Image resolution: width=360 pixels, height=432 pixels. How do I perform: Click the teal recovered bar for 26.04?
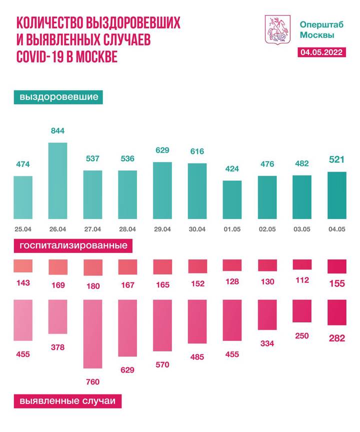click(x=57, y=181)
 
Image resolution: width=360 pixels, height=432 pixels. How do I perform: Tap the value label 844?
click(x=57, y=131)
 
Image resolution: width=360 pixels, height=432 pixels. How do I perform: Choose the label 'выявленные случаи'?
click(x=67, y=401)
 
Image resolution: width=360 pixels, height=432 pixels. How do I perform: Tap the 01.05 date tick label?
click(x=232, y=228)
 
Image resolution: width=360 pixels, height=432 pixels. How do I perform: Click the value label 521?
click(x=336, y=160)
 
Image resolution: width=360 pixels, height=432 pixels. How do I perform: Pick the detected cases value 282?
click(x=336, y=338)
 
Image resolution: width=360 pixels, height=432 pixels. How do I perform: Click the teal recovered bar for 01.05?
click(x=232, y=200)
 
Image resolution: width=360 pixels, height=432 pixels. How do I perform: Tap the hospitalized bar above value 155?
click(x=336, y=266)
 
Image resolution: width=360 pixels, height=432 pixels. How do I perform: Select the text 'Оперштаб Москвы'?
click(x=317, y=29)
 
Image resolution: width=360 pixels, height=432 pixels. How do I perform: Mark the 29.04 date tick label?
click(x=162, y=228)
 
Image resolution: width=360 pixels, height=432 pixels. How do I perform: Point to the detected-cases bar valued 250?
click(x=302, y=311)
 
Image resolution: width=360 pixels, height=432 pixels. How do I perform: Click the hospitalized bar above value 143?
click(x=23, y=265)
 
